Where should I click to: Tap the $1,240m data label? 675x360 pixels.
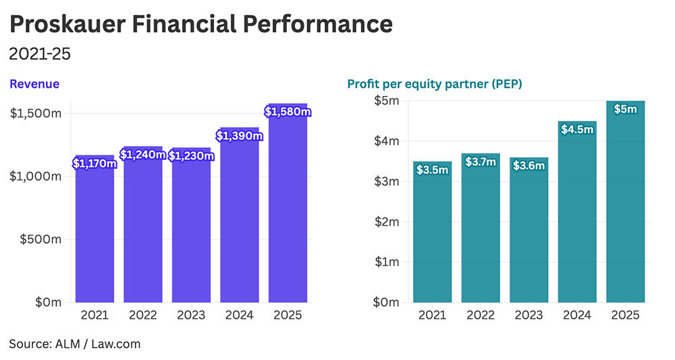[142, 155]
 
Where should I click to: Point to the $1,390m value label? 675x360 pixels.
[239, 136]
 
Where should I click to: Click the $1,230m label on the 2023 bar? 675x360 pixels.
[191, 156]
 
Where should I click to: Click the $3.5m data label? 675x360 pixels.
[433, 170]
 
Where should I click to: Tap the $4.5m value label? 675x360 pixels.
[577, 129]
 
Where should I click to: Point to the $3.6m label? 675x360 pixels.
[529, 165]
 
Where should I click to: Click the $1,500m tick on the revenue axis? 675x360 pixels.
[36, 113]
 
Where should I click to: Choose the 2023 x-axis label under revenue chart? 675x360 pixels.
[191, 315]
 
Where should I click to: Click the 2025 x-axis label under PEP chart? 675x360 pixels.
[625, 315]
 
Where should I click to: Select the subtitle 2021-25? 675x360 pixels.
[40, 53]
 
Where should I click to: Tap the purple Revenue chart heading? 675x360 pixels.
[34, 84]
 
